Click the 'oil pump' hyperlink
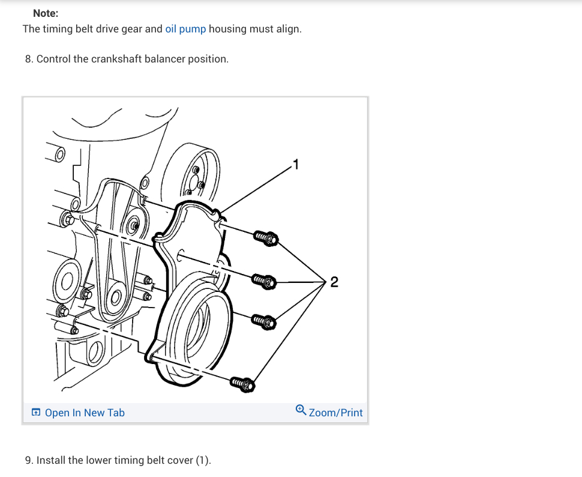point(185,29)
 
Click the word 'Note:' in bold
point(46,13)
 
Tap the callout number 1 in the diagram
point(295,162)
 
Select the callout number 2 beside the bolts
point(334,282)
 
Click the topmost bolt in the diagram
point(264,238)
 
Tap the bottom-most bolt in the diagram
point(242,382)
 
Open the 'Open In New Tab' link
point(85,413)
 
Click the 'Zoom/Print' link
point(335,413)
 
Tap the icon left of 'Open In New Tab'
point(37,413)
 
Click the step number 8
point(28,59)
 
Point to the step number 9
point(28,461)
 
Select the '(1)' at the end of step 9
point(204,461)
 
